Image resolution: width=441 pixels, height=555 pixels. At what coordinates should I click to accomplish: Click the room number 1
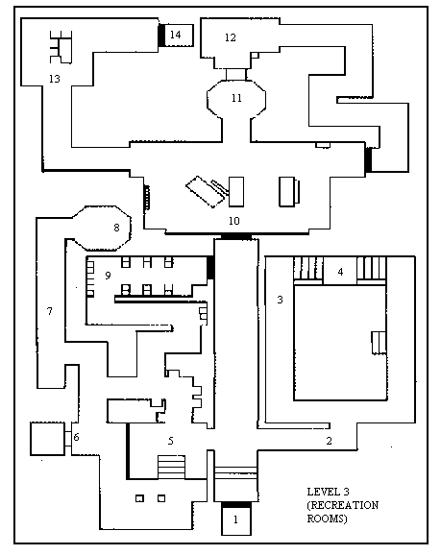point(235,519)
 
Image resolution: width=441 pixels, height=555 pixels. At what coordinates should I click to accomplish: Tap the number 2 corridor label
point(329,441)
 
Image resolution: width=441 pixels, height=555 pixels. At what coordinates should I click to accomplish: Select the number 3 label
point(280,300)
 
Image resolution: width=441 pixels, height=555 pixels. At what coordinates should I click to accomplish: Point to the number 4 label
point(340,272)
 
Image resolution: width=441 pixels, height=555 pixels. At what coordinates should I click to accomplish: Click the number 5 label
point(171,441)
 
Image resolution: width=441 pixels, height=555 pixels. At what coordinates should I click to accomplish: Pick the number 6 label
point(76,437)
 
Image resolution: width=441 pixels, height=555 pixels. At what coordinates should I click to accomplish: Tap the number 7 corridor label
point(50,311)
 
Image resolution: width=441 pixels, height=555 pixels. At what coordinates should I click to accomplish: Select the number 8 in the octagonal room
point(116,228)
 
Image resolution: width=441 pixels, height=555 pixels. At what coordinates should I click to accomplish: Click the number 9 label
point(108,275)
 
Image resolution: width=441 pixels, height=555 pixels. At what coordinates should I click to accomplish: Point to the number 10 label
point(234,221)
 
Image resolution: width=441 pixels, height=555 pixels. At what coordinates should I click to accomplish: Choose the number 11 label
point(236,98)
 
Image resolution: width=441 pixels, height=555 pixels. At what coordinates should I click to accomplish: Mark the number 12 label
point(231,37)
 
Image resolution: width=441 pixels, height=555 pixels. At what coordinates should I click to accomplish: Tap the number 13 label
point(55,79)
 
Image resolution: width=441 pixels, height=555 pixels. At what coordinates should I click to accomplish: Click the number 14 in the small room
point(175,35)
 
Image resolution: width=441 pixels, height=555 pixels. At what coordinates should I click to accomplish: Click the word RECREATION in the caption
point(343,505)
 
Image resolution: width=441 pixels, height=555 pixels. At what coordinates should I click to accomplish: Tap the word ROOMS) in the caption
point(327,519)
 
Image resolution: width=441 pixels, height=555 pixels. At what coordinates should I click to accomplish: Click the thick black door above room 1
point(236,504)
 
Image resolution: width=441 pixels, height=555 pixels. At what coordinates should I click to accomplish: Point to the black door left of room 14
point(161,35)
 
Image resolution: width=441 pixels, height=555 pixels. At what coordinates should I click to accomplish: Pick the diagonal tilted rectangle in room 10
point(205,191)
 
